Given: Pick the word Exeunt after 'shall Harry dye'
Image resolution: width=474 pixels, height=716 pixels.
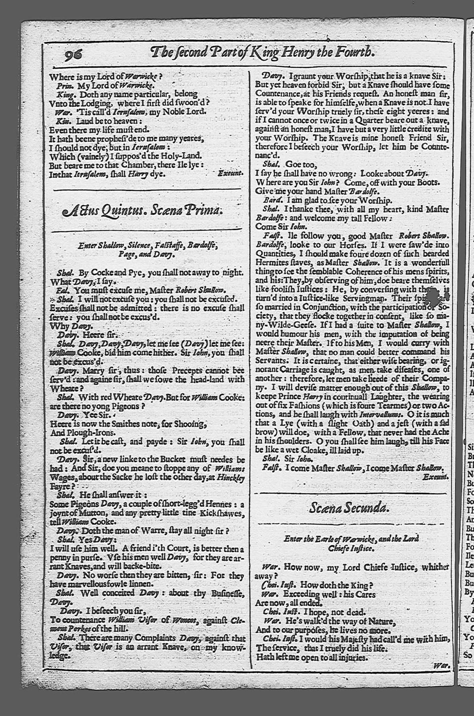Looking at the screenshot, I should pos(230,173).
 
